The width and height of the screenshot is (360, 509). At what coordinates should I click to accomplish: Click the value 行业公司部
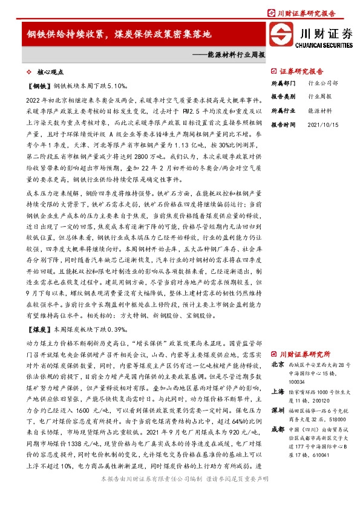[x=323, y=84]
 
